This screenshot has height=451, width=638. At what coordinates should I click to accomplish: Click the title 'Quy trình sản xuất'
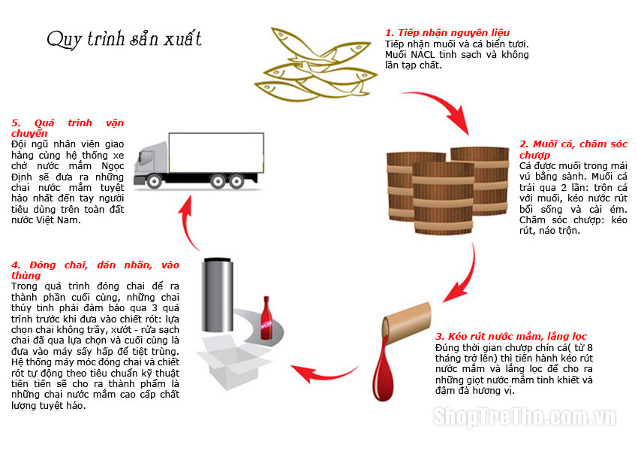pos(124,39)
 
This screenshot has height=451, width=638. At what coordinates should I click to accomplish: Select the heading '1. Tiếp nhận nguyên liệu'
pos(447,33)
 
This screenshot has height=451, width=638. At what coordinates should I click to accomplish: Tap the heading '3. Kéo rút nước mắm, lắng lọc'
pos(510,336)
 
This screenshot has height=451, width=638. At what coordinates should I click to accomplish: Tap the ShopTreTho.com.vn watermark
pos(525,416)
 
